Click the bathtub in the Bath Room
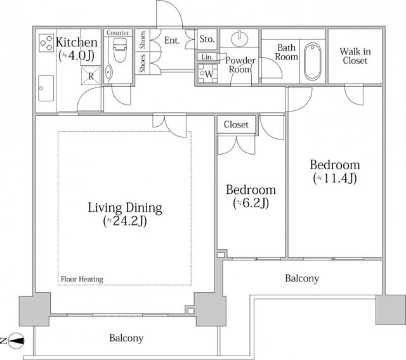point(313,61)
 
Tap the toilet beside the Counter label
point(120,51)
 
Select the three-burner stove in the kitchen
point(46,43)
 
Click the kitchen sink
point(46,89)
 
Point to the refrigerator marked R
point(91,76)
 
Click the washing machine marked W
point(207,74)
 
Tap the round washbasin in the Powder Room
point(240,39)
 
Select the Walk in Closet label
point(355,56)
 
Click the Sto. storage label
point(207,39)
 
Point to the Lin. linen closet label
point(207,57)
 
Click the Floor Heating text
point(82,280)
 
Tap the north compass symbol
point(16,340)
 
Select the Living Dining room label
point(125,208)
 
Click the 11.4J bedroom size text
point(335,178)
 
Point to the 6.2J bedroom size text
point(251,203)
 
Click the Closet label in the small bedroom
point(236,125)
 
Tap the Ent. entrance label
point(172,41)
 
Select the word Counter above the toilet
point(118,33)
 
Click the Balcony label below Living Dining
point(126,338)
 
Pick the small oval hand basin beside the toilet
point(108,72)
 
